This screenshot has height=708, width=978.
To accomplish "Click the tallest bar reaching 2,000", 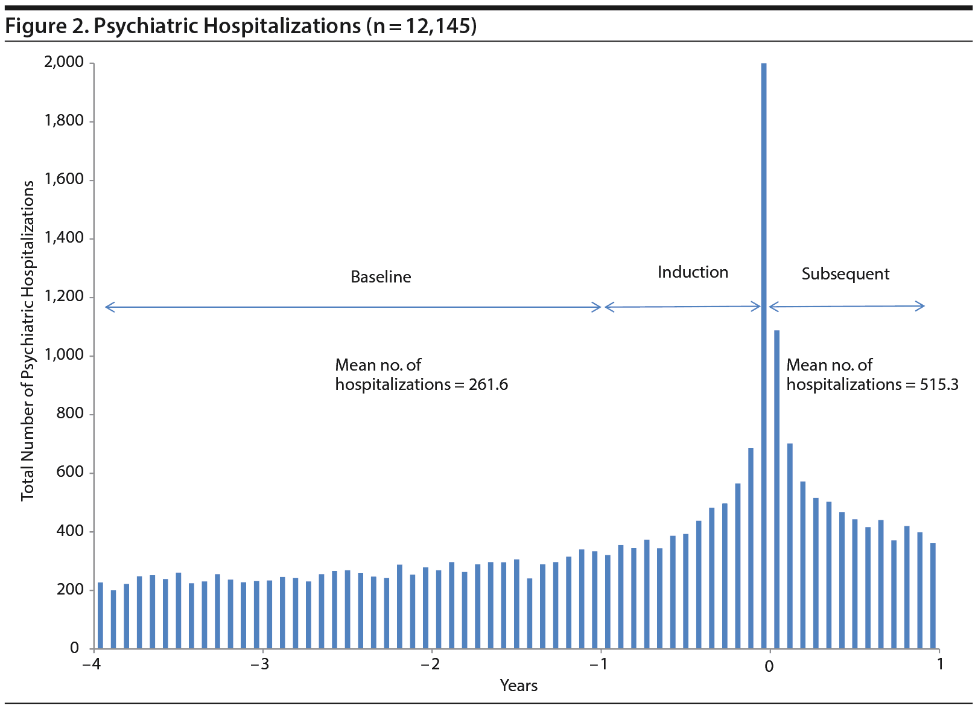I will click(764, 356).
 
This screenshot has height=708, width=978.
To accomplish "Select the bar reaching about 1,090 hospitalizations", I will click(776, 489).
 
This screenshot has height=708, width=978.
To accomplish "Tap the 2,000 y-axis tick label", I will click(65, 62).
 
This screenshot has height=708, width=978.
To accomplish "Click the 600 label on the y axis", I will click(70, 472).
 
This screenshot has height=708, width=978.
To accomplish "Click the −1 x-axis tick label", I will click(598, 665).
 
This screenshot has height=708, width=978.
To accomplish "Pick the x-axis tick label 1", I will click(939, 665).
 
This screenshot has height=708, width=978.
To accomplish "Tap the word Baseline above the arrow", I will click(381, 277).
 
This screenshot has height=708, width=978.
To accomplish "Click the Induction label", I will click(693, 272).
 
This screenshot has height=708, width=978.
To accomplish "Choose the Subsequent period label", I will click(845, 274).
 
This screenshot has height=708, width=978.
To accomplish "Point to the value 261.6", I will click(488, 384).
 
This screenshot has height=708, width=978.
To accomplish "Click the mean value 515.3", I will click(939, 384).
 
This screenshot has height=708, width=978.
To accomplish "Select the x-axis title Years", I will click(519, 686).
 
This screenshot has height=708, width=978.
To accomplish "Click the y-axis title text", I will click(28, 341).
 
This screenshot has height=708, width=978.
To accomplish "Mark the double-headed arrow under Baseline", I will click(354, 307).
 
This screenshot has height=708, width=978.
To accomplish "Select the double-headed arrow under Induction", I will click(683, 307).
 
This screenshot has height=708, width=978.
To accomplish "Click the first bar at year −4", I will click(100, 616).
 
